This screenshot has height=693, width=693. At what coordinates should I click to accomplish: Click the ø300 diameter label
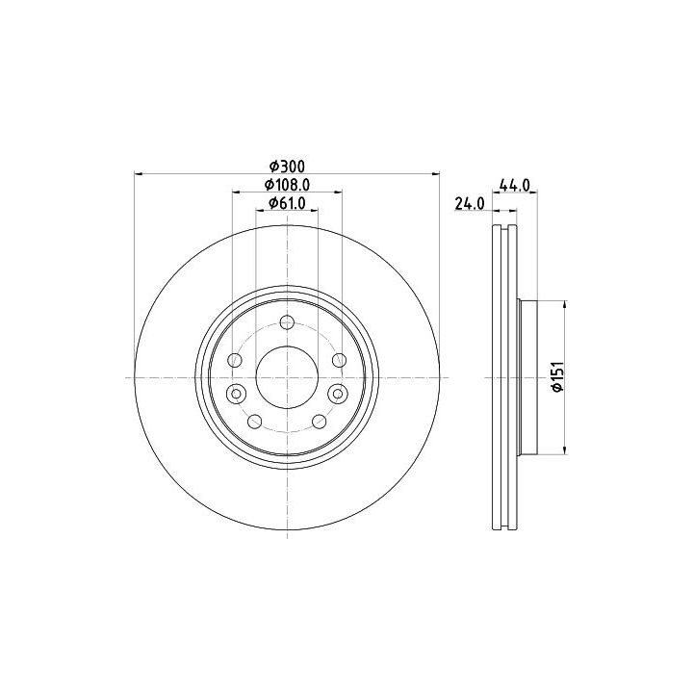(287, 167)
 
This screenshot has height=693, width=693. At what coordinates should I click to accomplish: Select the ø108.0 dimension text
(287, 185)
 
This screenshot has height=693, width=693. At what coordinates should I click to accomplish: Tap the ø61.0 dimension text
(287, 203)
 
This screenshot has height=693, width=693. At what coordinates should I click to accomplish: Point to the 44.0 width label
(514, 185)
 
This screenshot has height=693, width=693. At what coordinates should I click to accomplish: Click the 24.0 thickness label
(470, 204)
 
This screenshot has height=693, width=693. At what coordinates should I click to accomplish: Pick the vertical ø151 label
(557, 376)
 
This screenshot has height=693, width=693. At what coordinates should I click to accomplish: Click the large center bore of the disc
(287, 377)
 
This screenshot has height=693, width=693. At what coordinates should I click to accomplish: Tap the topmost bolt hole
(287, 322)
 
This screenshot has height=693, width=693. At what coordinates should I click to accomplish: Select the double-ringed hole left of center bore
(237, 394)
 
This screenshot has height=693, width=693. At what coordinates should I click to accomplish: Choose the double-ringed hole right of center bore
(338, 394)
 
